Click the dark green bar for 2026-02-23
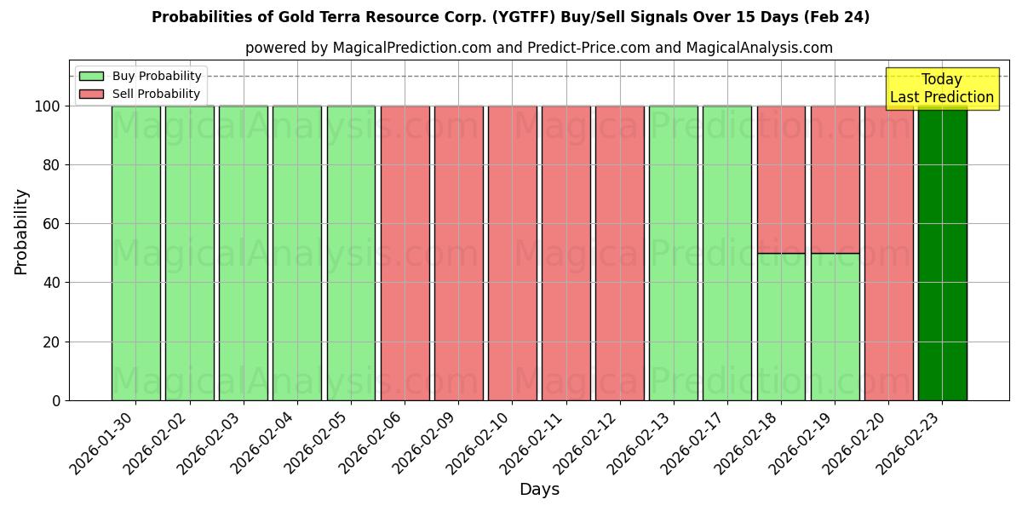click(942, 253)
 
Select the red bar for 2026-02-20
click(888, 253)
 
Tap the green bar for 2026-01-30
click(136, 253)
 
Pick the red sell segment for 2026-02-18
click(781, 180)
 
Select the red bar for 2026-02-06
click(405, 253)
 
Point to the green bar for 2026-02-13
click(674, 253)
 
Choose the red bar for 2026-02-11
click(566, 253)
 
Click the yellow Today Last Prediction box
click(942, 89)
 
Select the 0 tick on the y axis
click(56, 400)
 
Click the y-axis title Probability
click(21, 232)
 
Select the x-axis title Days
click(539, 490)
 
